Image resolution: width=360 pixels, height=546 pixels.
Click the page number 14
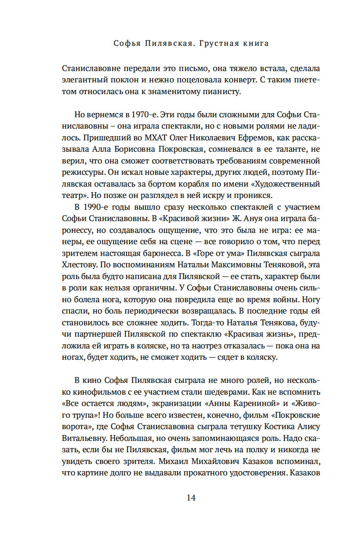click(191, 498)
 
